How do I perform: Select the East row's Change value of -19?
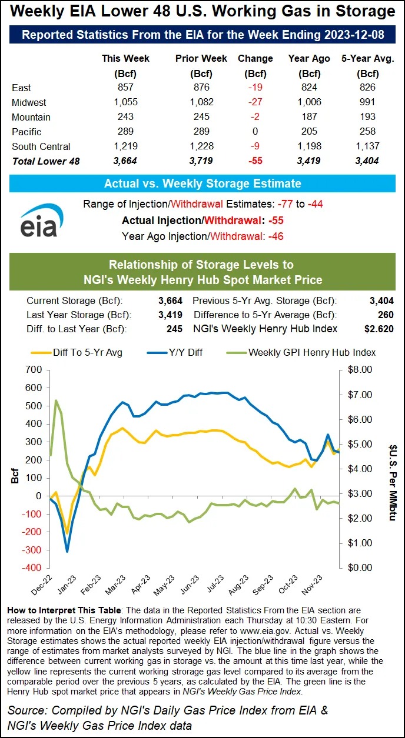tap(255, 88)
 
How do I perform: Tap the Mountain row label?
tap(31, 117)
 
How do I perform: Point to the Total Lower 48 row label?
tap(45, 161)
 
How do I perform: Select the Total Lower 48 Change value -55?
tap(255, 161)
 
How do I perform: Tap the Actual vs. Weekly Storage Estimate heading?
tap(203, 183)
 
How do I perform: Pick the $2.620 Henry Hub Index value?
tap(379, 328)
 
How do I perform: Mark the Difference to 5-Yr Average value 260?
tap(384, 315)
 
